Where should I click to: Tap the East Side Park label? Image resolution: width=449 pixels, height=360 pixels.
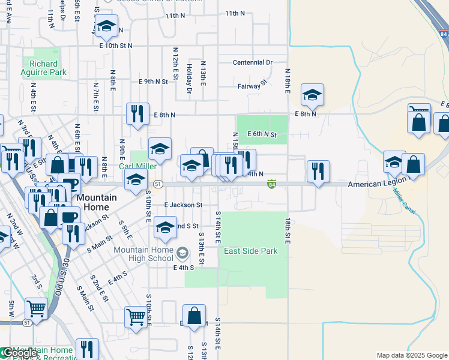(251, 251)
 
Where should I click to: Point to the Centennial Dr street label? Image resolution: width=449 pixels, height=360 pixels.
(253, 62)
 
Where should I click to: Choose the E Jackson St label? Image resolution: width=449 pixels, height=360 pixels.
(183, 205)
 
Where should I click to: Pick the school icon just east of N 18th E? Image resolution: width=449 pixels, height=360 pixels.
(312, 95)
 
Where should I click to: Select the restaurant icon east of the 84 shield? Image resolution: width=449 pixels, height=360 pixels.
(318, 171)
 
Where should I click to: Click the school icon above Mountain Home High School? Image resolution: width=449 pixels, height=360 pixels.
(164, 227)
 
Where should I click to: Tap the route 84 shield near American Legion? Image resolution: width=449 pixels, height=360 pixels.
(272, 185)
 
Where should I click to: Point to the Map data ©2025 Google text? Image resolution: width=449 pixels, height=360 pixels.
(412, 355)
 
